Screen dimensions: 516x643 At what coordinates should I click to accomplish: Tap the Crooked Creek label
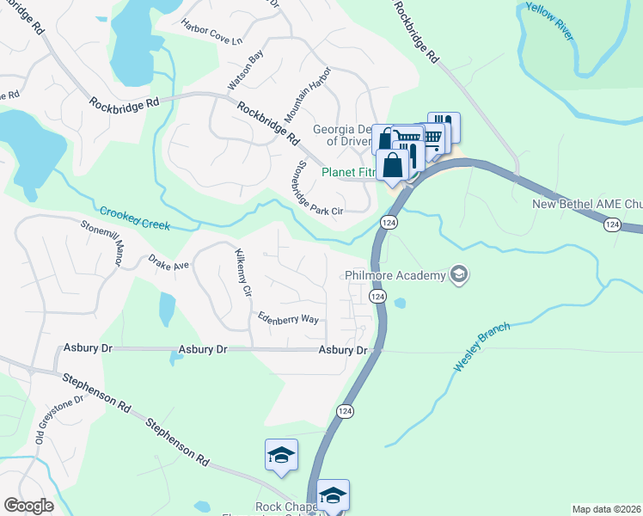[134, 218]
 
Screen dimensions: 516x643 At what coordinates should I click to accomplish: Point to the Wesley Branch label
[481, 347]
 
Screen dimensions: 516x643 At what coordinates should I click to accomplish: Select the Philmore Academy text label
[395, 275]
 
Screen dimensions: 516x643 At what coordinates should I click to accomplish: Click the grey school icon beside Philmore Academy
[459, 274]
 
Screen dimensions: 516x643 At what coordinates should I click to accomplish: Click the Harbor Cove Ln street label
[212, 33]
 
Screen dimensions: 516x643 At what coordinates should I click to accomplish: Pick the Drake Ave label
[168, 261]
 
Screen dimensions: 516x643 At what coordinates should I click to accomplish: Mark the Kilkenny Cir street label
[242, 273]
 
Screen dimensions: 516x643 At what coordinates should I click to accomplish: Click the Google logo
[28, 506]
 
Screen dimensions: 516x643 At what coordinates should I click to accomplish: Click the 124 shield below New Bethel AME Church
[611, 224]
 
